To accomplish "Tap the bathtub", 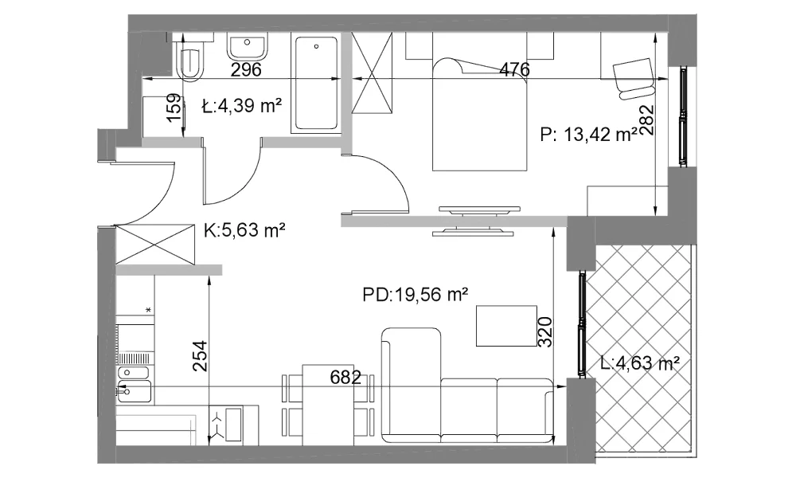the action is (315, 83).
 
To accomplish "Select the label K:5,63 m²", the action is (244, 230).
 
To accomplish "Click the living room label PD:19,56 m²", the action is (416, 294).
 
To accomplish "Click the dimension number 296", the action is (246, 69).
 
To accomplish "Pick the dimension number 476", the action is (514, 69).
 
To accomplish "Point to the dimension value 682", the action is (345, 378).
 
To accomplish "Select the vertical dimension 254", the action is (201, 356).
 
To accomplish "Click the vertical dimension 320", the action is (544, 331).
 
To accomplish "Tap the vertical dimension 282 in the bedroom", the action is (646, 119).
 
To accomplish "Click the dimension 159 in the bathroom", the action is (174, 108).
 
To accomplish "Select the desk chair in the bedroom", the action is (633, 78).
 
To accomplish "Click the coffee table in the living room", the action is (506, 326).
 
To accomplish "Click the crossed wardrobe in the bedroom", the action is (373, 72).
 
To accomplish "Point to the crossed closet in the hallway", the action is (155, 245).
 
